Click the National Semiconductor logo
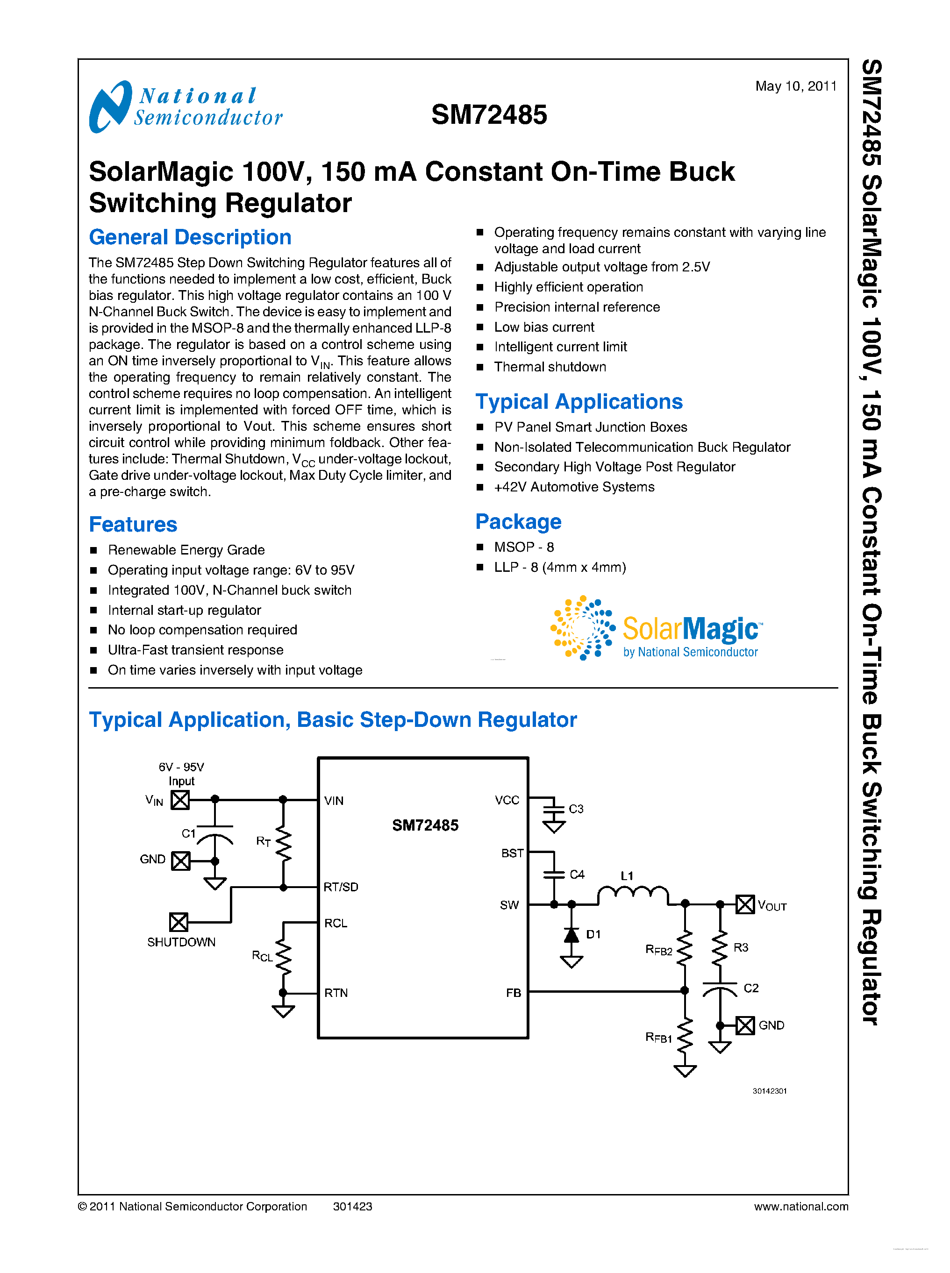point(185,107)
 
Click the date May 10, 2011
point(795,86)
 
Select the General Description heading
point(190,237)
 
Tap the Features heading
point(133,524)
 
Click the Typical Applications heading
point(579,401)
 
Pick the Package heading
point(518,521)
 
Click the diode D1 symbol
point(571,936)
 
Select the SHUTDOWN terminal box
point(178,922)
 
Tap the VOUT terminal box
point(745,904)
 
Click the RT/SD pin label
point(341,887)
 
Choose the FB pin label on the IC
point(513,993)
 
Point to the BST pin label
point(512,853)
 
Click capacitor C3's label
point(576,809)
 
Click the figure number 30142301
point(770,1091)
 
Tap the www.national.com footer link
point(800,1206)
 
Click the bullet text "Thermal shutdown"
point(550,367)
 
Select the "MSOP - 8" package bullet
point(524,547)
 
